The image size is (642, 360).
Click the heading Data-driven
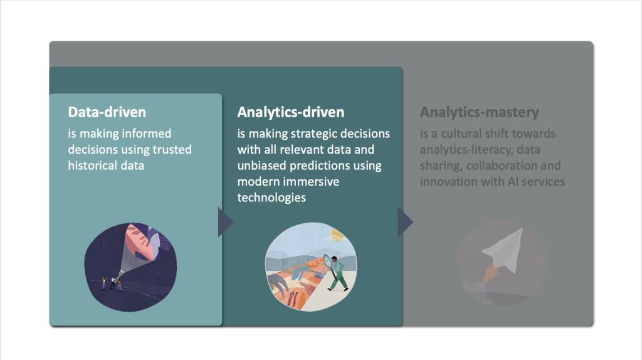click(107, 112)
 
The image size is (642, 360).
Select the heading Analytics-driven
click(290, 112)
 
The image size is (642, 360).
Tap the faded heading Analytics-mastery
click(479, 112)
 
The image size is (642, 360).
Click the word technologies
click(271, 197)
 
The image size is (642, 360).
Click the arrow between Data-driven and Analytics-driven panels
click(224, 222)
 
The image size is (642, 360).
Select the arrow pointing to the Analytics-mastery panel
click(404, 222)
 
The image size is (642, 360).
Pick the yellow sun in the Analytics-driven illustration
click(337, 235)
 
